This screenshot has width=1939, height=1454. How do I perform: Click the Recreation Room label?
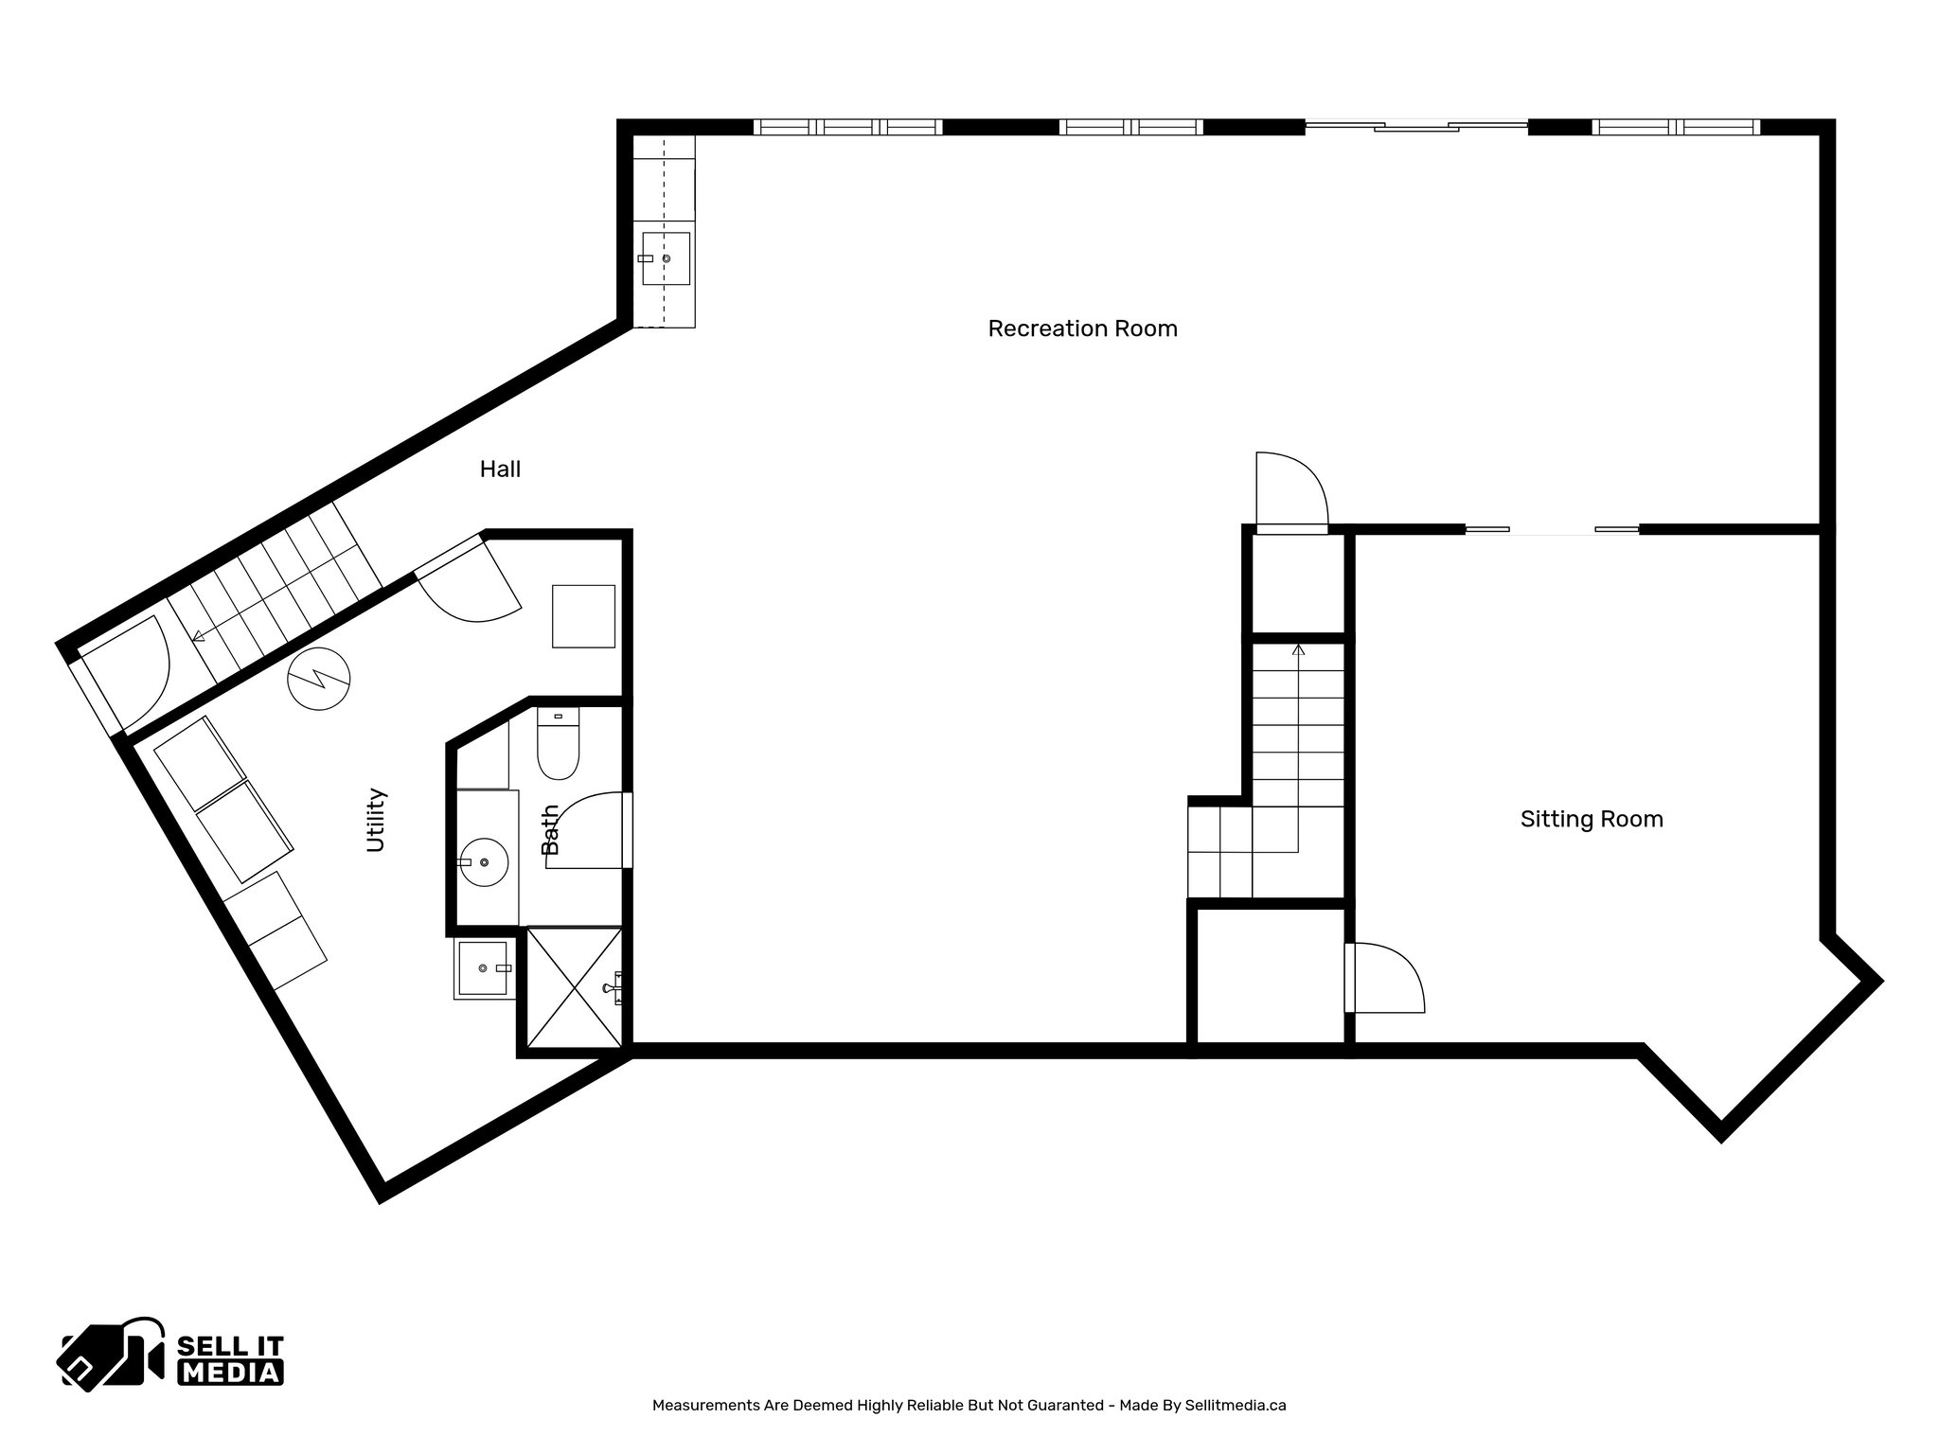1082,328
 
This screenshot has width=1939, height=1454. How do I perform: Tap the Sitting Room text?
1592,819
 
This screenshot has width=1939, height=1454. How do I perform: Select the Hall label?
500,469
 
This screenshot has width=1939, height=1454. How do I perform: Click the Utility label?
376,820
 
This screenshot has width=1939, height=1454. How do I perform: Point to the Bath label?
550,829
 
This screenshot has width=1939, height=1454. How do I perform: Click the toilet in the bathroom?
558,746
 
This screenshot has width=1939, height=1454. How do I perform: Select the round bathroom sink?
484,861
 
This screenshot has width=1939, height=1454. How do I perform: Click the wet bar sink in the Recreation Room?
666,258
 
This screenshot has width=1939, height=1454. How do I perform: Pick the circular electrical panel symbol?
319,679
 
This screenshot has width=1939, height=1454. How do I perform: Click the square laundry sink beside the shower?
485,968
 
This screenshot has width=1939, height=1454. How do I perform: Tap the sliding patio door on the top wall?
1415,126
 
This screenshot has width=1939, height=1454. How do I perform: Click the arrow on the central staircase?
1298,650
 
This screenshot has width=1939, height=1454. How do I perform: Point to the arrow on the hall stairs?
199,637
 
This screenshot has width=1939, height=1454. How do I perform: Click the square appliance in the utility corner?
583,616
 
